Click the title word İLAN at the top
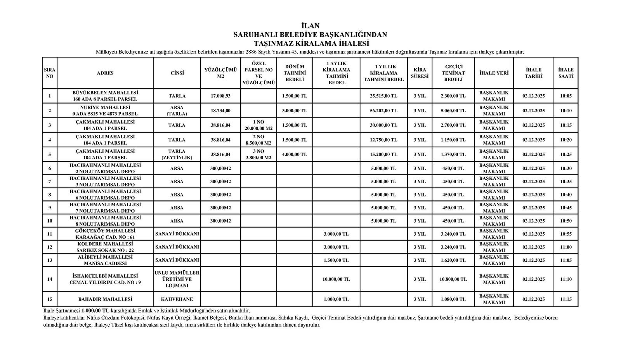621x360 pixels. click(310, 26)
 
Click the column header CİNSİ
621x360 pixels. click(177, 73)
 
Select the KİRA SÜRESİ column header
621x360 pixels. click(420, 73)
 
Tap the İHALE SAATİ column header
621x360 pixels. click(566, 73)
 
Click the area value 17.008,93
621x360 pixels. click(220, 96)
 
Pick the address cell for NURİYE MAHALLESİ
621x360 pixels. click(105, 111)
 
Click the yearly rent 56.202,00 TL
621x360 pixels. click(383, 111)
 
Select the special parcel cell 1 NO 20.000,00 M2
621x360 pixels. click(258, 125)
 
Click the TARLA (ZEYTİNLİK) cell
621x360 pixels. click(177, 154)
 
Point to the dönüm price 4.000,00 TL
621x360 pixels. click(295, 154)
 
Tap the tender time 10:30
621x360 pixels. click(566, 169)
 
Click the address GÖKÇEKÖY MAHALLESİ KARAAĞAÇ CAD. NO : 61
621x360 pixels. click(105, 234)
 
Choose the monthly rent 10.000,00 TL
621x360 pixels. click(336, 279)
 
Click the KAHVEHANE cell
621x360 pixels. click(177, 299)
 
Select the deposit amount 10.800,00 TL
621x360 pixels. click(453, 279)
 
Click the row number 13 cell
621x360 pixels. click(50, 260)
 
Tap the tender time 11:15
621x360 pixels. click(566, 299)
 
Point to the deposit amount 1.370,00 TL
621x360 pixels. click(453, 154)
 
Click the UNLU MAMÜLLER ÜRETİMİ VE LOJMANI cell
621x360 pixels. click(177, 279)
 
